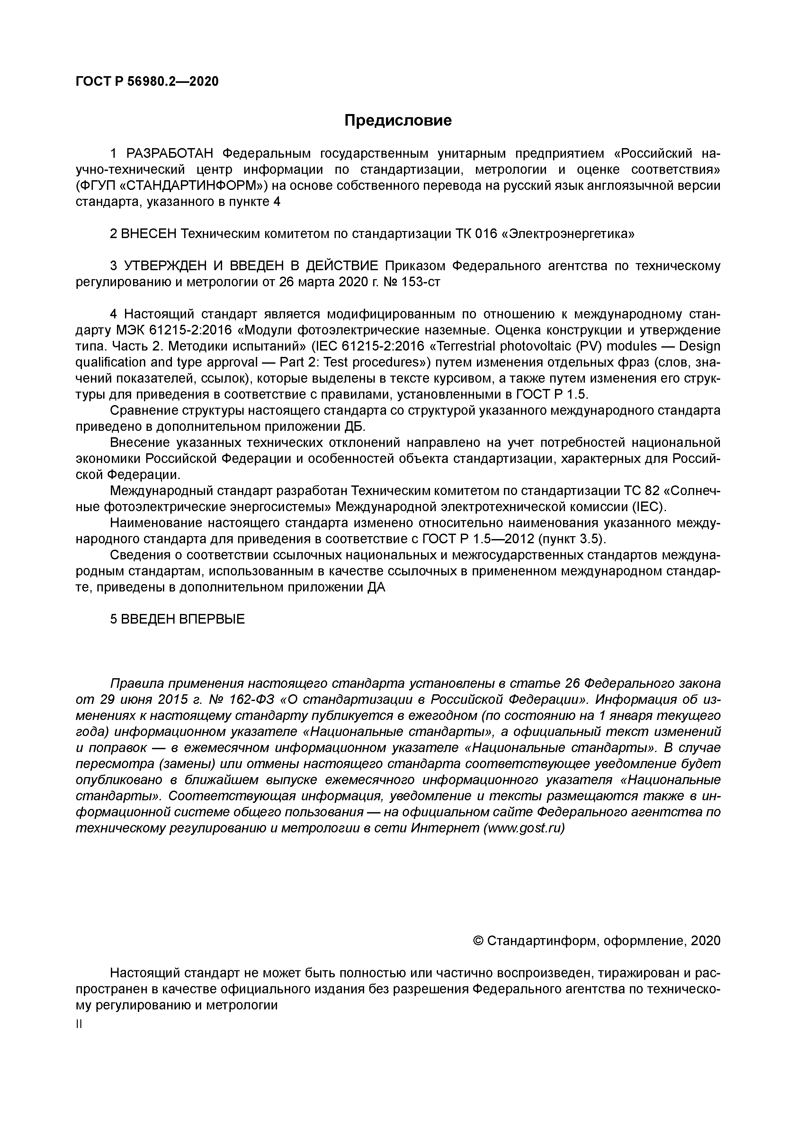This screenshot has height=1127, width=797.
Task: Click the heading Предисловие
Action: point(398,120)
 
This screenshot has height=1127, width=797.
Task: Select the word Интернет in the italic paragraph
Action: point(445,828)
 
